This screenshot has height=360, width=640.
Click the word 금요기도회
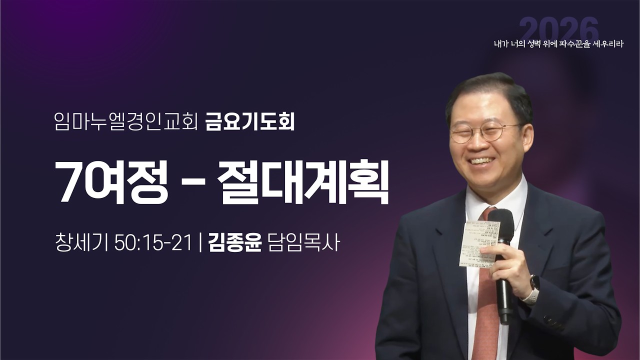click(249, 122)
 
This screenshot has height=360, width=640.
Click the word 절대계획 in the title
click(303, 181)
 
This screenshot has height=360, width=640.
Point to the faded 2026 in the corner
click(559, 29)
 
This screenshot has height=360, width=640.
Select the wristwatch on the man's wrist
click(532, 288)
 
